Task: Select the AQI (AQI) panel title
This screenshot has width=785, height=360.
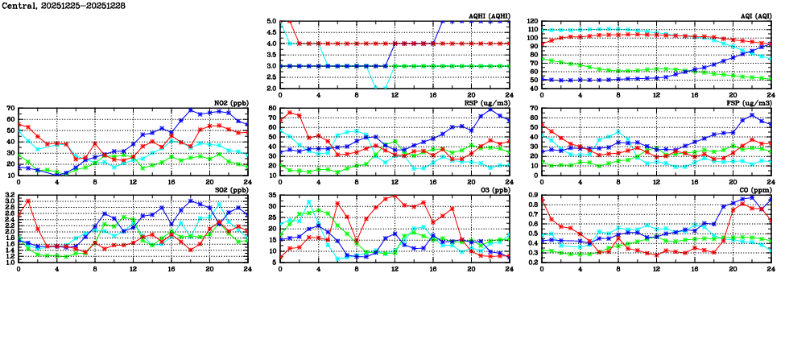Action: point(754,16)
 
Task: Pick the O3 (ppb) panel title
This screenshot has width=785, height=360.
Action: point(492,190)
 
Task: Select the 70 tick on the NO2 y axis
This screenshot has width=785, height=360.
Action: point(10,108)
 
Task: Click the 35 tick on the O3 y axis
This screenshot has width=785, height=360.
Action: point(272,195)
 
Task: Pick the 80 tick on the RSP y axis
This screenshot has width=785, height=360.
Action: point(272,108)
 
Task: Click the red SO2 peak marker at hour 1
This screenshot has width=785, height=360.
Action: point(28,201)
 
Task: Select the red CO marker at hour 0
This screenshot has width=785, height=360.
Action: point(542,200)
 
